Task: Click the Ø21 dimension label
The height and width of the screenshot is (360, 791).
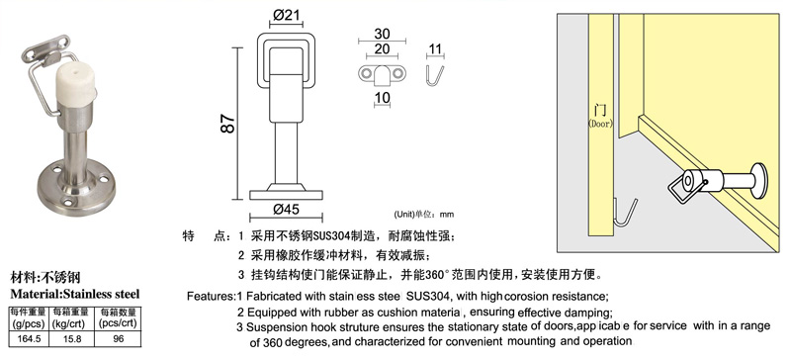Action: tap(287, 15)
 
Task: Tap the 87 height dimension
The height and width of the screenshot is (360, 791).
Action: tap(228, 125)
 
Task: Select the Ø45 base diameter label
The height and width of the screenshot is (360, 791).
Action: tap(286, 209)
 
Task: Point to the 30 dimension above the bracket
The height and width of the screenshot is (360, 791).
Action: tap(382, 34)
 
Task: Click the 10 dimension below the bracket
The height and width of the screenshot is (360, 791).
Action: tap(383, 98)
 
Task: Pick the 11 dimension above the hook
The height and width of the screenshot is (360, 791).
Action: tap(435, 49)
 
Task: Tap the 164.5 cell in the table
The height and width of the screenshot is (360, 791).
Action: tap(29, 339)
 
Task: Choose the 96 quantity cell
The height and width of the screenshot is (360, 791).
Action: tap(119, 339)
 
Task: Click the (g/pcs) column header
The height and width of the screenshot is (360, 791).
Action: tap(29, 324)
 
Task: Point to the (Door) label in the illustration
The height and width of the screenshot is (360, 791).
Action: tap(600, 124)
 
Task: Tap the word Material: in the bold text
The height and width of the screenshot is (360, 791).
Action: tap(37, 294)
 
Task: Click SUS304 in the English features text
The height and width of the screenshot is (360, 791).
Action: tap(428, 296)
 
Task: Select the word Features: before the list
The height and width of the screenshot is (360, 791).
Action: tap(212, 296)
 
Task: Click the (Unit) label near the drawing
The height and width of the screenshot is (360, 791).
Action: tap(404, 214)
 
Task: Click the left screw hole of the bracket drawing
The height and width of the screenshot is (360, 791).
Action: tap(365, 74)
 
